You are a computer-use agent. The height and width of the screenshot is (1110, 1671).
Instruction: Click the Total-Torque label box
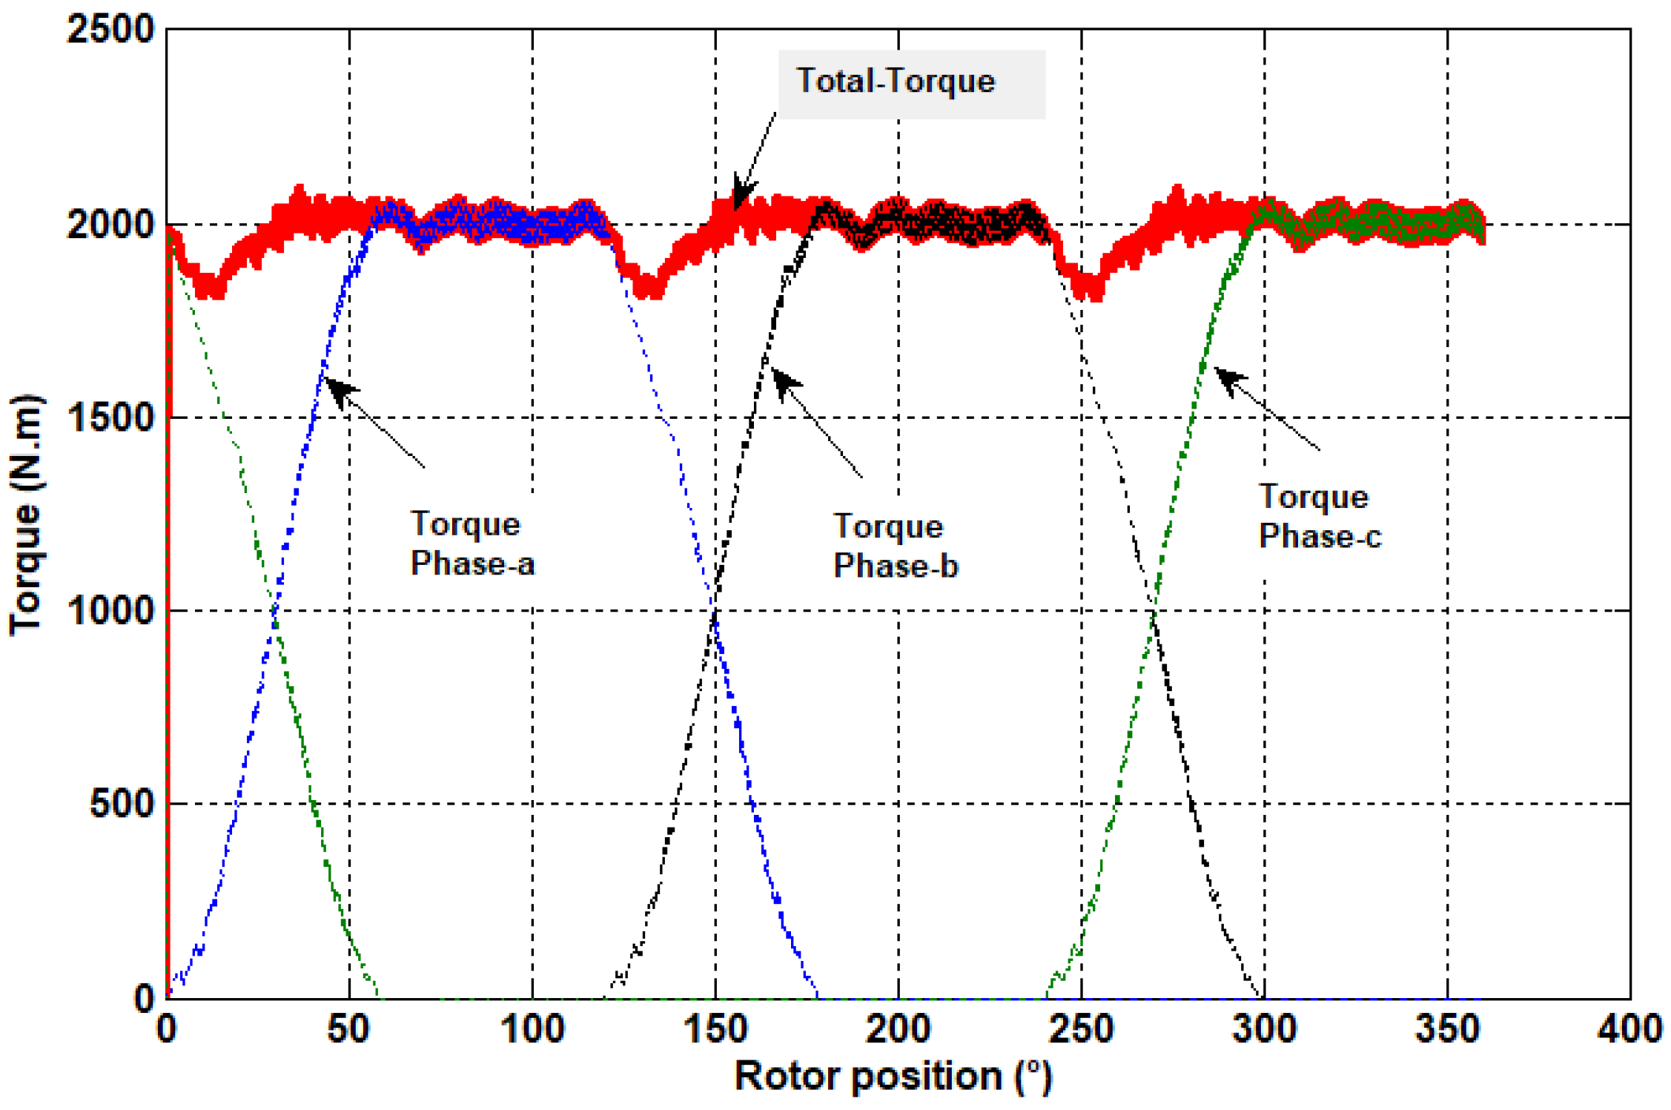[x=910, y=83]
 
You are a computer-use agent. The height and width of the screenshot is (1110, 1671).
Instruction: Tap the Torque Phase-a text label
[x=471, y=544]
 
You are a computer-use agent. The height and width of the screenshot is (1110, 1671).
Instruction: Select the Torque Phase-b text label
[x=895, y=546]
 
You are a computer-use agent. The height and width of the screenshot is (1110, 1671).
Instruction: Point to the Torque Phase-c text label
[x=1319, y=516]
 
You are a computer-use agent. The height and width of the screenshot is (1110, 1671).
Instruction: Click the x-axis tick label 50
[x=348, y=1030]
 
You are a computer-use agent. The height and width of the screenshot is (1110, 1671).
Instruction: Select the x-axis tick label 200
[x=898, y=1030]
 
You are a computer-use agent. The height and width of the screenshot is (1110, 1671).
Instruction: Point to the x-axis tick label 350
[x=1447, y=1030]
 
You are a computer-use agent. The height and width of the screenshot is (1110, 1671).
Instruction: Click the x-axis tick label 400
[x=1629, y=1030]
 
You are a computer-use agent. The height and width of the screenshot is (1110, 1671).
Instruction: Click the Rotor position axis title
[x=893, y=1076]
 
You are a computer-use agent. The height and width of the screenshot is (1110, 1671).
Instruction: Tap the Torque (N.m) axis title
[x=27, y=515]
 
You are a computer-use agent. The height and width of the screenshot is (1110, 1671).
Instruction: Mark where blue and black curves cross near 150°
[x=715, y=611]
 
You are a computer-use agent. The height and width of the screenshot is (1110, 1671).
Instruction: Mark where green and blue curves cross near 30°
[x=275, y=611]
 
